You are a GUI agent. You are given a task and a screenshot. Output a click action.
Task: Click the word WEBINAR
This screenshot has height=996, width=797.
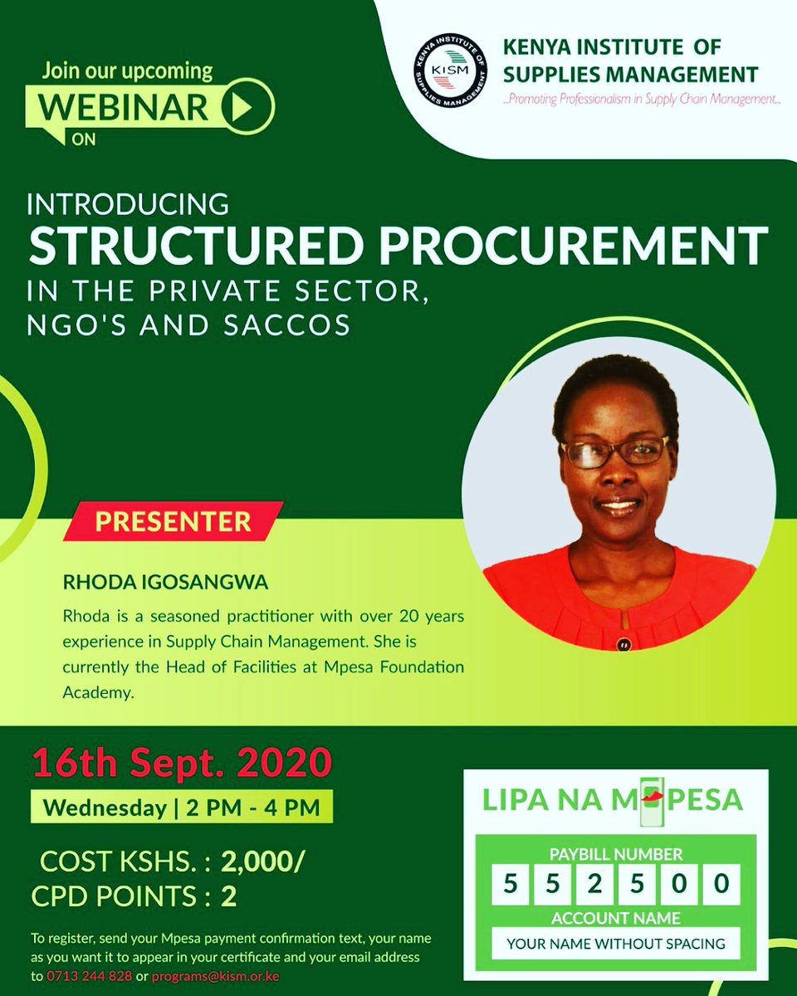125,107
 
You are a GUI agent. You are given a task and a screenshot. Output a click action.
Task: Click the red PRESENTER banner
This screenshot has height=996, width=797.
173,521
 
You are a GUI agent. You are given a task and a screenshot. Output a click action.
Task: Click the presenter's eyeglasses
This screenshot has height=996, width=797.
615,452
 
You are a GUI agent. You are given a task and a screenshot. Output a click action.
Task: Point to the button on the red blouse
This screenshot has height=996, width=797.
623,642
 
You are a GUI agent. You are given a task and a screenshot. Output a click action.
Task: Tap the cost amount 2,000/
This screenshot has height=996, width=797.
263,862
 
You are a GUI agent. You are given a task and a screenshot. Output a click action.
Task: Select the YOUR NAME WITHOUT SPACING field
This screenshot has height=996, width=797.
615,943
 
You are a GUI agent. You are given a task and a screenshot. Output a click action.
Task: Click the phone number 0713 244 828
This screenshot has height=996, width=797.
91,975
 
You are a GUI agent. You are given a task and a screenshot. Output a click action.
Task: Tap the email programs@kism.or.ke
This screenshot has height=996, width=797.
215,975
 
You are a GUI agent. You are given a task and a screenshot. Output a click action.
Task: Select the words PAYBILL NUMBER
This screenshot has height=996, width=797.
615,853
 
